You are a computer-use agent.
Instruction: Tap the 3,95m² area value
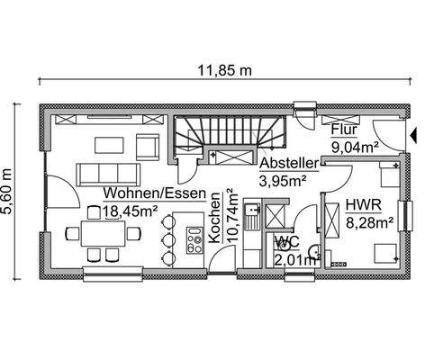[x=283, y=181]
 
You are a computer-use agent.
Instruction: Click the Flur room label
[x=345, y=130]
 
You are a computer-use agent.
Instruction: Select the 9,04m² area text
[x=353, y=146]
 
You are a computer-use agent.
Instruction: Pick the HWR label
[x=361, y=205]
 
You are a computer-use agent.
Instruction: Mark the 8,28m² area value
[x=370, y=220]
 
